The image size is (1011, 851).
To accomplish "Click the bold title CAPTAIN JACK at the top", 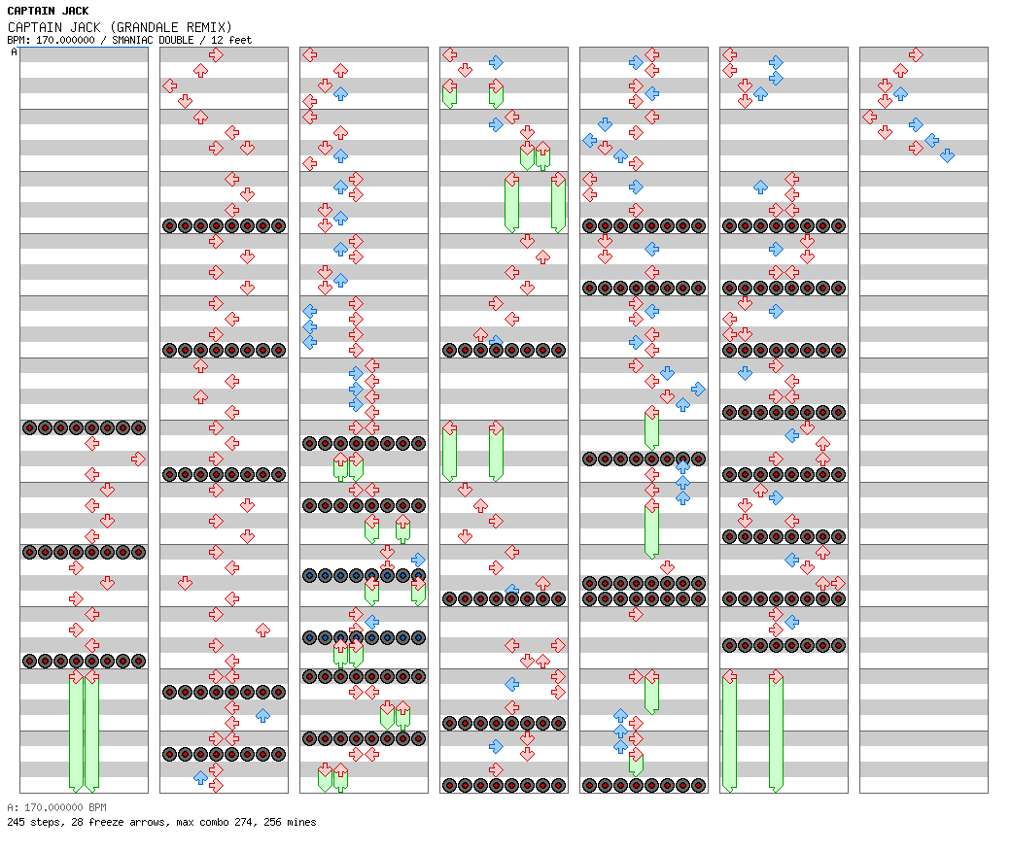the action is [48, 11].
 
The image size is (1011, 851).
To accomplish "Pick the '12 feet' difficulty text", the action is [231, 40].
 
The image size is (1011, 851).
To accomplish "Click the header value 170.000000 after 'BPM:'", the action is [65, 40].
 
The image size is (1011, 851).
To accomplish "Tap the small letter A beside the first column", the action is [15, 51].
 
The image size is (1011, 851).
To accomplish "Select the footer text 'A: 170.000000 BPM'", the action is [56, 807].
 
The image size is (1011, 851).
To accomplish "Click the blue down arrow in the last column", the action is [947, 155].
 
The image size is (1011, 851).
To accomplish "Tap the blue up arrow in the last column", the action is [901, 93].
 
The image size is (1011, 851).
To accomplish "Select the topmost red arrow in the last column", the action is [916, 54].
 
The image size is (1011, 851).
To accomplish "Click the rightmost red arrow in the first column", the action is [138, 459].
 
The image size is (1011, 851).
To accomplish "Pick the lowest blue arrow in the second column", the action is [200, 777].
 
